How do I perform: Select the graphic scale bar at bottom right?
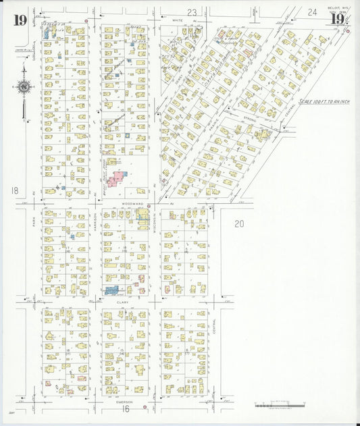[277, 405]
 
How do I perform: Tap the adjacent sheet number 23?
[191, 12]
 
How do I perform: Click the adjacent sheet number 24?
[312, 11]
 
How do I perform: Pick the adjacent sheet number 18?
[15, 190]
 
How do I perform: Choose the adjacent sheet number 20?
[238, 223]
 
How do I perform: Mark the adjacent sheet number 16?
[125, 408]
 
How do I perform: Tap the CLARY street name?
[122, 302]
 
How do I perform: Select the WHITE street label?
[178, 20]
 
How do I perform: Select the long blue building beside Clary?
[110, 290]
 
